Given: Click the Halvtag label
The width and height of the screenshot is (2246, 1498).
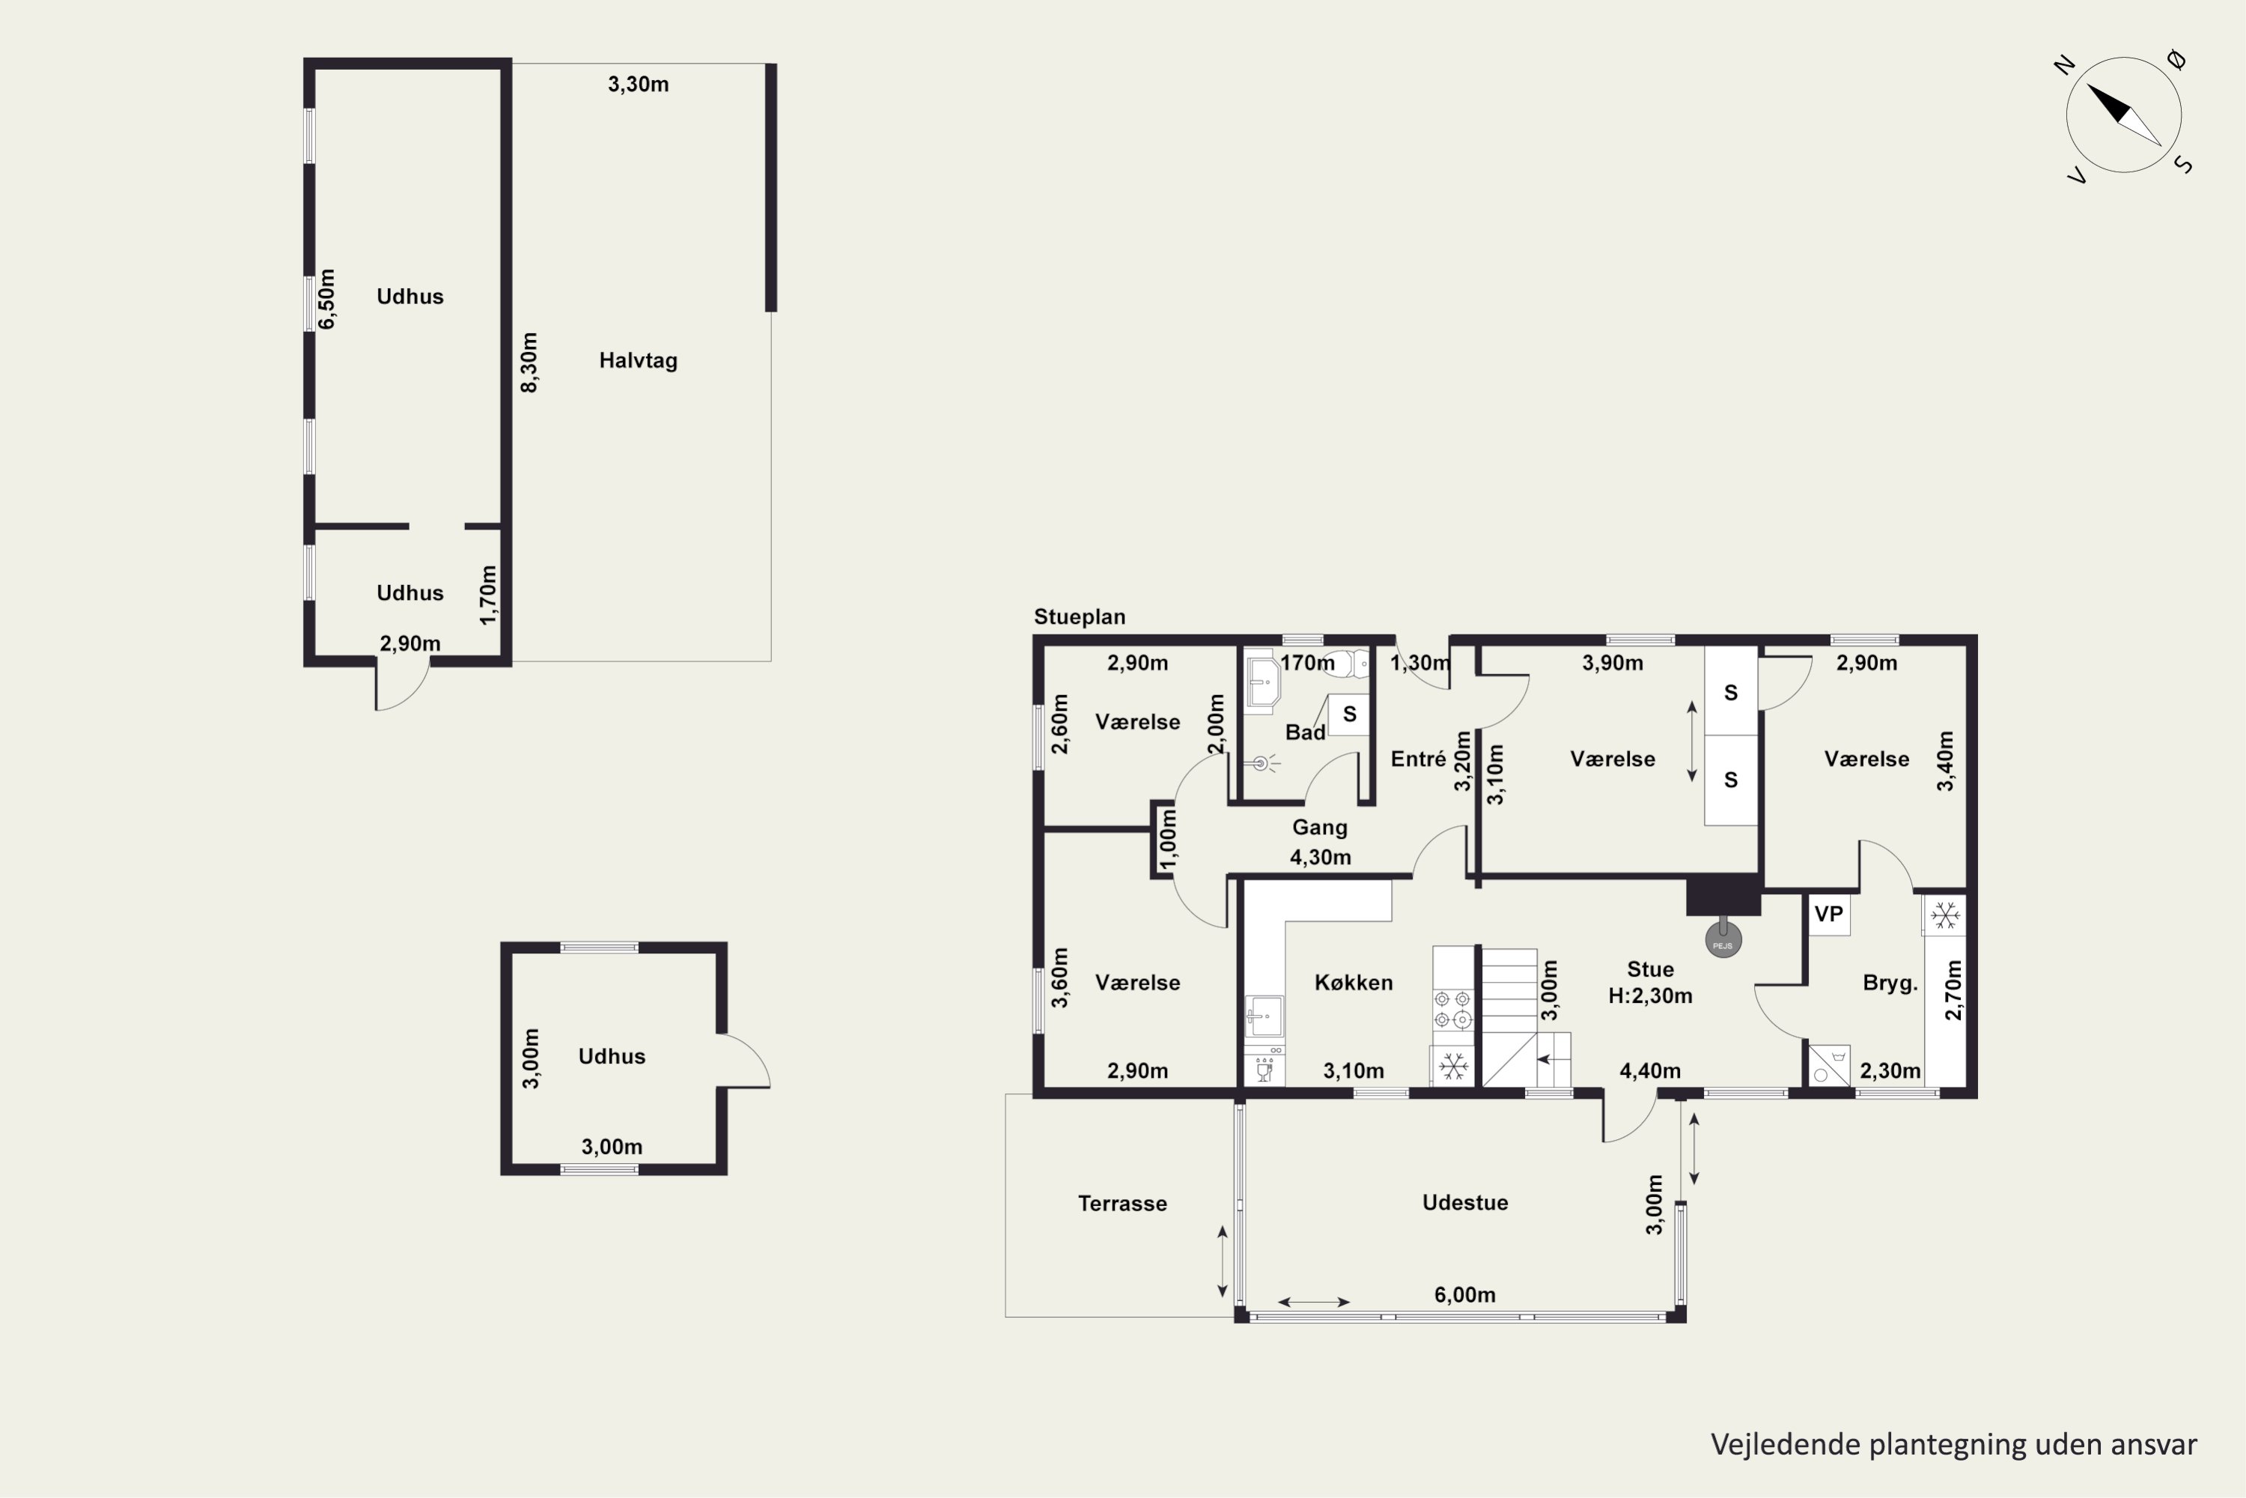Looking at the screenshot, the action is click(x=638, y=360).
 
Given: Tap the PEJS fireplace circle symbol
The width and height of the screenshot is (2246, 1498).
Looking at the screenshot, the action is click(x=1723, y=939).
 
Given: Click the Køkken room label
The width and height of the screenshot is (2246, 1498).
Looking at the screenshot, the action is click(x=1353, y=982).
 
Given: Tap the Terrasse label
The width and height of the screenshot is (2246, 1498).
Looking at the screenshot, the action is click(x=1122, y=1203).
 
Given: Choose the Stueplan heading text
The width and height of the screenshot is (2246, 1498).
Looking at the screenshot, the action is click(x=1079, y=616).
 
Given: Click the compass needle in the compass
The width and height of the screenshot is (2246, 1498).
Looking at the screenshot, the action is click(x=2124, y=115).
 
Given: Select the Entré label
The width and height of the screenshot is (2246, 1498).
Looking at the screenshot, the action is click(x=1418, y=759).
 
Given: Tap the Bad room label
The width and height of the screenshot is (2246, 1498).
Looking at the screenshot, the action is click(x=1304, y=732).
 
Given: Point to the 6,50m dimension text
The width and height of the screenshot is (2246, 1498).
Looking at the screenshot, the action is click(x=326, y=299).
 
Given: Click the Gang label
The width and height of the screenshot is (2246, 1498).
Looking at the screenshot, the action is click(x=1320, y=828).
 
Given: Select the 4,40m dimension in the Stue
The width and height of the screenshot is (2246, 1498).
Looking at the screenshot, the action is click(x=1650, y=1071).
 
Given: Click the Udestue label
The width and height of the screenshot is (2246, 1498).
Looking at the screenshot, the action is click(x=1465, y=1202).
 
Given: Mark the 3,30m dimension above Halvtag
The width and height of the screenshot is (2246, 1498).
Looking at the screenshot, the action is click(x=638, y=84).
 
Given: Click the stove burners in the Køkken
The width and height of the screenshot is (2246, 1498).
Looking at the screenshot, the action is click(x=1452, y=1010).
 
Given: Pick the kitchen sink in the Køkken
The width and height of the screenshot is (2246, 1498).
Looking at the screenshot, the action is click(x=1264, y=1016).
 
